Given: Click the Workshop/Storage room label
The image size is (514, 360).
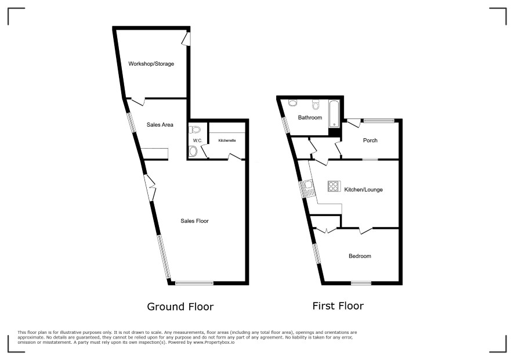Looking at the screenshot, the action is tap(151, 64).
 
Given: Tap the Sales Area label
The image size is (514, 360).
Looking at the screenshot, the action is tap(160, 125).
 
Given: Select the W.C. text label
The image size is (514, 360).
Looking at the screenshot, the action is tap(198, 141).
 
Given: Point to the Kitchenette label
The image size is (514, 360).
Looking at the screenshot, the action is tap(227, 141).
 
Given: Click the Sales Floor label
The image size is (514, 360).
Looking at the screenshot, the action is tap(195, 221).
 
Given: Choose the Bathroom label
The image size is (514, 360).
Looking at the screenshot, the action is tap(310, 117).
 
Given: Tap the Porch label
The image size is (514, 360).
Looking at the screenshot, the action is tap(370, 140).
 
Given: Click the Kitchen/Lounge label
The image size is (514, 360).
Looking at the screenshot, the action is tap(364, 190).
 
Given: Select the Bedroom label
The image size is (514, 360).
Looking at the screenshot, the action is tap(360, 256).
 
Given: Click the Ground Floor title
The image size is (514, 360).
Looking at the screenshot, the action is tap(180, 307).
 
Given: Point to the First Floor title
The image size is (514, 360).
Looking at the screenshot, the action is tap(338, 306).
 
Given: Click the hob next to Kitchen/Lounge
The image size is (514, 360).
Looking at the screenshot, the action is tap(334, 186).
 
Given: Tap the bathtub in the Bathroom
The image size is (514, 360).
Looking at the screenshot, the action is tap(334, 114).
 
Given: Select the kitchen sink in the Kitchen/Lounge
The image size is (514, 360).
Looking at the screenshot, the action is tap(309, 189).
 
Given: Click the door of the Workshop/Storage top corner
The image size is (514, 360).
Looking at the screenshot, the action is tap(186, 39).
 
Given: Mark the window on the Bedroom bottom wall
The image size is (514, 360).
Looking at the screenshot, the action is tap(361, 283).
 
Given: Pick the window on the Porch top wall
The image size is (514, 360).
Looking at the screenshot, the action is tap(379, 121).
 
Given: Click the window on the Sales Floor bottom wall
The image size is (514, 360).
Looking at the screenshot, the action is tap(194, 283).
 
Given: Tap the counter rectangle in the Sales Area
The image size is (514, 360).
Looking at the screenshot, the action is tap(154, 154).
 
